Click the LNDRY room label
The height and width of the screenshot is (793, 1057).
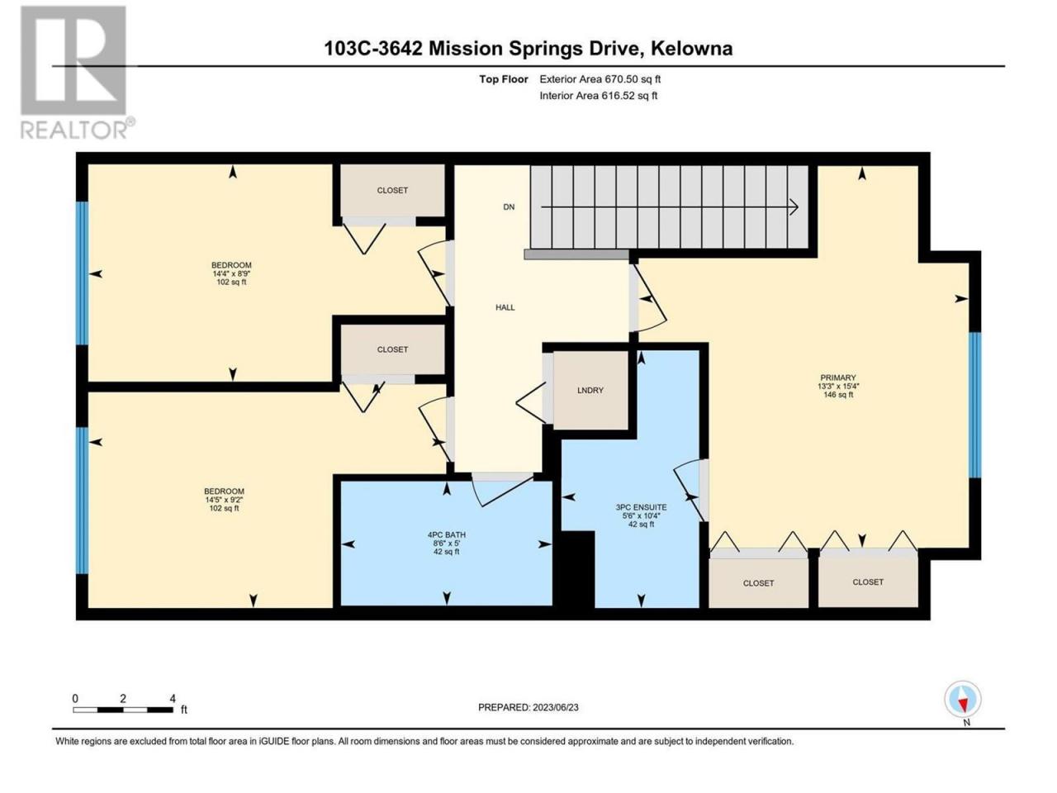[x=590, y=391]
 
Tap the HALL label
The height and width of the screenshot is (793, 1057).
[x=505, y=307]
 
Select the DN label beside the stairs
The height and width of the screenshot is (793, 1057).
[x=509, y=207]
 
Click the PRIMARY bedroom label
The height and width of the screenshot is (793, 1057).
[x=838, y=378]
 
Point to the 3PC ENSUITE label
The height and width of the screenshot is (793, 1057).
[x=641, y=507]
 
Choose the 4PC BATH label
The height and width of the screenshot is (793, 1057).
[x=447, y=535]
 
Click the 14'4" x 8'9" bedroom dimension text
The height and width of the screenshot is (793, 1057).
[x=231, y=273]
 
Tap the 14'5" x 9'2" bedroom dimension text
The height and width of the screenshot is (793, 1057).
[x=224, y=500]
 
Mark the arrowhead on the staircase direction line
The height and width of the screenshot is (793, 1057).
[x=794, y=207]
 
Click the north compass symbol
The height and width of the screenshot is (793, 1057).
[x=963, y=700]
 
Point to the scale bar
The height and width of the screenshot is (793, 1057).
[x=123, y=710]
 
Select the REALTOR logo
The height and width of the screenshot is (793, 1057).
[x=77, y=73]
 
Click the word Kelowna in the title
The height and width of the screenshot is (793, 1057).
[x=692, y=49]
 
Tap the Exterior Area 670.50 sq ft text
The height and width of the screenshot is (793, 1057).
[x=600, y=79]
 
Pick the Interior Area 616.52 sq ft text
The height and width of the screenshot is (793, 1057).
[x=598, y=96]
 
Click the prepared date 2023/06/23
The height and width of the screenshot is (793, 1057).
[x=555, y=708]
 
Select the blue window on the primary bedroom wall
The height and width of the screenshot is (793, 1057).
[x=974, y=405]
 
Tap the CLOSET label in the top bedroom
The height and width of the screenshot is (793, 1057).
[x=392, y=191]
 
